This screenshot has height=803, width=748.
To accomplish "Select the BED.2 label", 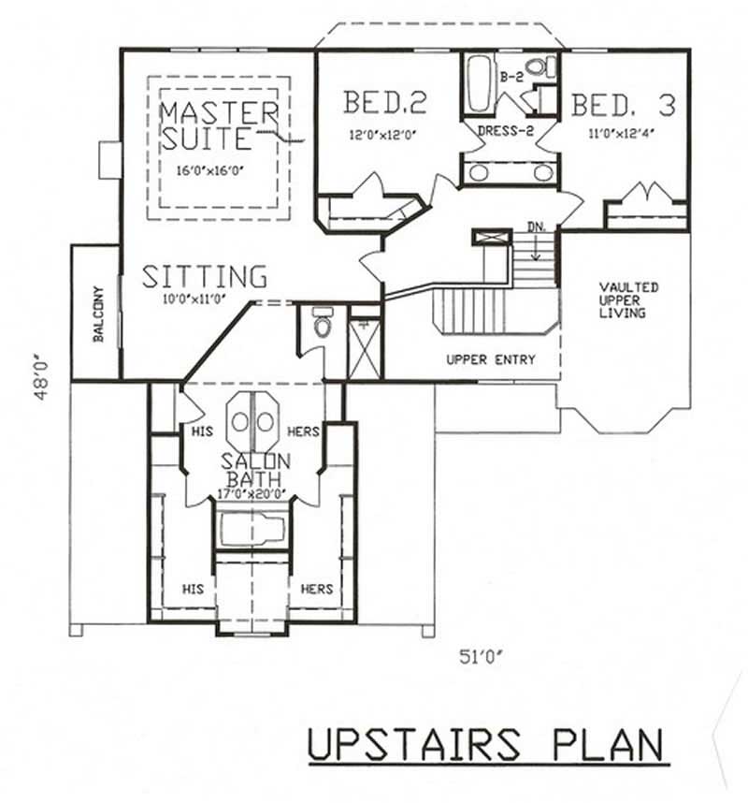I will coord(379,102).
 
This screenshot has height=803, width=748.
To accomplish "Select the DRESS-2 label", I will coord(505,130).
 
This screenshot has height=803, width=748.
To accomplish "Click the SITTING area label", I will coord(205,277).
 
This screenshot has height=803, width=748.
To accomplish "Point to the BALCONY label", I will coord(97,314).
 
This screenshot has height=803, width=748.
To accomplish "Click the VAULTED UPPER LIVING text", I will coord(629,299).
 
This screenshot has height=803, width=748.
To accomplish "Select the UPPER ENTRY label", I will coord(490,359).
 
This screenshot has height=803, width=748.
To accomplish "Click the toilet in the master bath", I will coord(323,325).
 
